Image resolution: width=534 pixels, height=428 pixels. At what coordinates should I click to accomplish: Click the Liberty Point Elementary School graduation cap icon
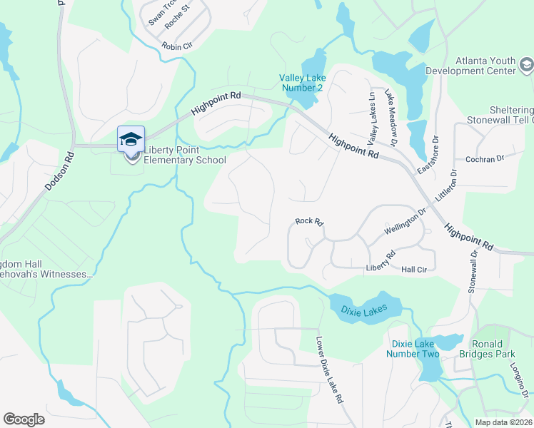click(131, 138)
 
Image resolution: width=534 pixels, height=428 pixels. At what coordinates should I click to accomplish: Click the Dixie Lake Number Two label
click(413, 348)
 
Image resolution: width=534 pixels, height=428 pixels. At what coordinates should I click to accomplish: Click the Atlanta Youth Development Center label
click(471, 66)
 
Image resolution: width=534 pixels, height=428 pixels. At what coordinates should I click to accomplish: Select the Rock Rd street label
click(309, 223)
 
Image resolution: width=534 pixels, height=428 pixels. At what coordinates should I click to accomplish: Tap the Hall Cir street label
click(413, 269)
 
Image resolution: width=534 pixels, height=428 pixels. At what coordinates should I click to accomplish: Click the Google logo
click(24, 419)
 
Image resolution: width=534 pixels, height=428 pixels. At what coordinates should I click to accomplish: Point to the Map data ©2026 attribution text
click(502, 422)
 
